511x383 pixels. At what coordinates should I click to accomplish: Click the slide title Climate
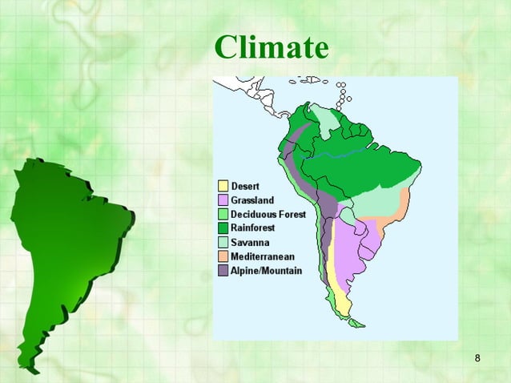pyautogui.click(x=271, y=47)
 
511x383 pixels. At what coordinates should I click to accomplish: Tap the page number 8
pyautogui.click(x=477, y=357)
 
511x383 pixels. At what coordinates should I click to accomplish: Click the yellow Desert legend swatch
pyautogui.click(x=223, y=187)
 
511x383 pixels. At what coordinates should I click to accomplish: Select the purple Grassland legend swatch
pyautogui.click(x=223, y=200)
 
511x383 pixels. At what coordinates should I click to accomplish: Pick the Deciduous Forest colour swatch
pyautogui.click(x=223, y=215)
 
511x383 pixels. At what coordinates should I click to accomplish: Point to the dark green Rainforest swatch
pyautogui.click(x=223, y=228)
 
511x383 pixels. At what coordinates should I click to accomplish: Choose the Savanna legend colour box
pyautogui.click(x=223, y=243)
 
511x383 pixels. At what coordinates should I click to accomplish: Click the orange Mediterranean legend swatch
pyautogui.click(x=223, y=256)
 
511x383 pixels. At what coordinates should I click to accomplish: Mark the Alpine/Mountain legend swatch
pyautogui.click(x=223, y=271)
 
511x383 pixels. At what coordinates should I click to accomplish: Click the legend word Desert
pyautogui.click(x=245, y=187)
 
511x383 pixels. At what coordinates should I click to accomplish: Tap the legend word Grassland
pyautogui.click(x=252, y=200)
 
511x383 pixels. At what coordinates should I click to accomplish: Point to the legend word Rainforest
pyautogui.click(x=253, y=228)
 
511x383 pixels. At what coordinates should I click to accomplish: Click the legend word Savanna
pyautogui.click(x=250, y=243)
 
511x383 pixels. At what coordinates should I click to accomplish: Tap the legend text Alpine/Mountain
pyautogui.click(x=266, y=271)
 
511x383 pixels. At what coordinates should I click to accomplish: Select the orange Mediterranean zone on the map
pyautogui.click(x=397, y=212)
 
